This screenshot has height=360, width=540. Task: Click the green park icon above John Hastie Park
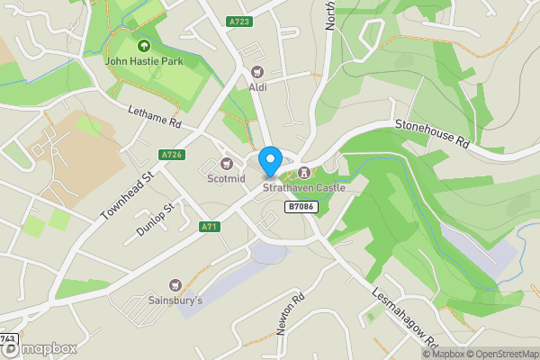(x=142, y=46)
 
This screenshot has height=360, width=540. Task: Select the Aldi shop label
(x=258, y=87)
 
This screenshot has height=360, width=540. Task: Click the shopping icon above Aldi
(x=258, y=71)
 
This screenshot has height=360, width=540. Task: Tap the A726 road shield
(x=172, y=155)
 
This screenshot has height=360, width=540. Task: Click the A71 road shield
(x=210, y=227)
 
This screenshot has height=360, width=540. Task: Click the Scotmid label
(x=226, y=179)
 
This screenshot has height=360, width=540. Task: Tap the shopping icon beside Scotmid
(x=227, y=164)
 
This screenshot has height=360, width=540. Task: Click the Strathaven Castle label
(x=303, y=188)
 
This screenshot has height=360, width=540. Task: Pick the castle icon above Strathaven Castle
(x=304, y=173)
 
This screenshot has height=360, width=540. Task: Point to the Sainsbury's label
(x=175, y=300)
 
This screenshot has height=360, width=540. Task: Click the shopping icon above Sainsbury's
(x=175, y=283)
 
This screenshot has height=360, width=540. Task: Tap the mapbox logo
(x=39, y=348)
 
